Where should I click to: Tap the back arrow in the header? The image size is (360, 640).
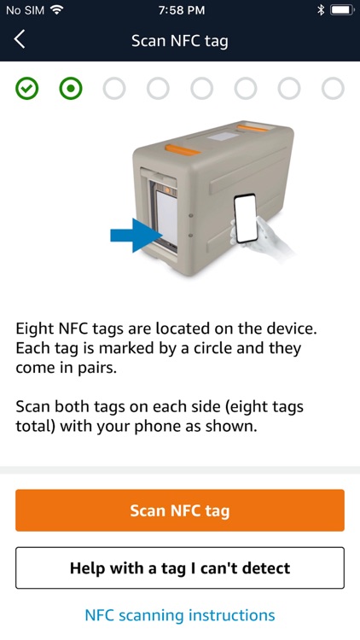point(20,39)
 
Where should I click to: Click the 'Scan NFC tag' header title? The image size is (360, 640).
point(180,40)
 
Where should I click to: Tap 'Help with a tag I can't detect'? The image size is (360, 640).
point(180,567)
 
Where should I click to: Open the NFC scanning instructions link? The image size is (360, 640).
point(180,615)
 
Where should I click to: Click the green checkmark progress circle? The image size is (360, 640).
point(26,88)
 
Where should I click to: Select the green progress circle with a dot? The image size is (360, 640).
point(71,88)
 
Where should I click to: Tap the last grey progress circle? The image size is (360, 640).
point(333,88)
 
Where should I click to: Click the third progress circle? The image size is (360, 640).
point(114,88)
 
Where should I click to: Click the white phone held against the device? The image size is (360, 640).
point(246,218)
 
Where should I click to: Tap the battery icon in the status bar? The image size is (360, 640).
point(340,10)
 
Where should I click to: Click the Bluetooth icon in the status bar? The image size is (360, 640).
point(321,10)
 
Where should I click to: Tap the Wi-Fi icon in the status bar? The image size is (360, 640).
point(57,10)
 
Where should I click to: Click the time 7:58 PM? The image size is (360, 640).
point(181,10)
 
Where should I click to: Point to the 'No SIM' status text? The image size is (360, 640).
point(24,10)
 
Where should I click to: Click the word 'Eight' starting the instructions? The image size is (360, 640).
point(33,328)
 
